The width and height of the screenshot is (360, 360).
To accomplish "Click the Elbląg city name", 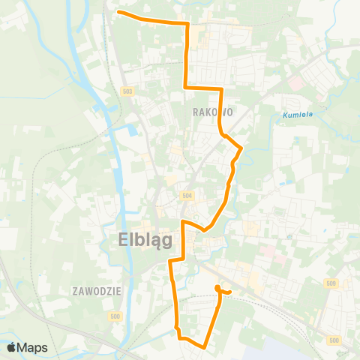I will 145,240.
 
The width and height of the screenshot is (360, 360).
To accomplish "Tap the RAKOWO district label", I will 213,112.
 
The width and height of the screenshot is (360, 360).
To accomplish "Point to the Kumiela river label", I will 298,115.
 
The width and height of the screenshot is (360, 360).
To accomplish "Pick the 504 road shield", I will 187,195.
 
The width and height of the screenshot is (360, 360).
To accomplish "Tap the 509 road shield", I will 332,283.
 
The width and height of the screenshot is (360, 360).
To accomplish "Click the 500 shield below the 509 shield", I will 334,340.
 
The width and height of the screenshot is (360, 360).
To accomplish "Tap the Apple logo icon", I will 11,347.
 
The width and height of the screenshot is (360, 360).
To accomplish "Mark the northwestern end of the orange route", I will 119,11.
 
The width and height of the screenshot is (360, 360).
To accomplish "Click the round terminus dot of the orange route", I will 217,289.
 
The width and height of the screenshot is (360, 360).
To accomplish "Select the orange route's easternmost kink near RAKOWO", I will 241,148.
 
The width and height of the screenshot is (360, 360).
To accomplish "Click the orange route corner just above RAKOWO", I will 222,89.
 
